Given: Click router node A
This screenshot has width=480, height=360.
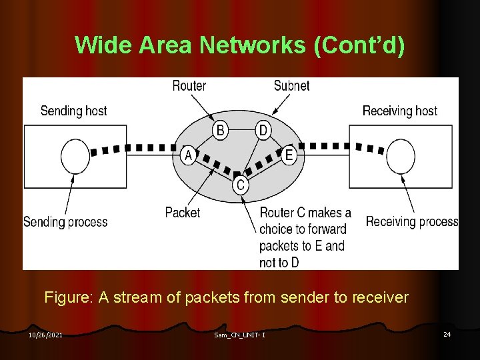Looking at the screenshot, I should pyautogui.click(x=189, y=155).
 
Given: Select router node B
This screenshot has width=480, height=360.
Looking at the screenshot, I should pyautogui.click(x=221, y=129).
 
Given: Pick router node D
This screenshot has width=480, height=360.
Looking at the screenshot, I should pyautogui.click(x=263, y=129).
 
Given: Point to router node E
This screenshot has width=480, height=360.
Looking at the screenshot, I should pyautogui.click(x=289, y=155).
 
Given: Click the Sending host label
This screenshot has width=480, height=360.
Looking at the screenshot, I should pyautogui.click(x=73, y=111).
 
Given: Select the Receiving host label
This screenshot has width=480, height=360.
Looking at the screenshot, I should pyautogui.click(x=400, y=111).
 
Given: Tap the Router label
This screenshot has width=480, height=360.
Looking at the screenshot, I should pyautogui.click(x=189, y=86).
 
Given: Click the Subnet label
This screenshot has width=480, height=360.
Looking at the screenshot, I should pyautogui.click(x=291, y=86).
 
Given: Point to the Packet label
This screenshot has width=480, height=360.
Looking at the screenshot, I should pyautogui.click(x=182, y=213).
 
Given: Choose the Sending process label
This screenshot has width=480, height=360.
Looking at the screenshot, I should pyautogui.click(x=65, y=221).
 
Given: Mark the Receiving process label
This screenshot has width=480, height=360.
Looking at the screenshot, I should pyautogui.click(x=412, y=221).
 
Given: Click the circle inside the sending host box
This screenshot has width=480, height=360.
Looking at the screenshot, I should pyautogui.click(x=75, y=157).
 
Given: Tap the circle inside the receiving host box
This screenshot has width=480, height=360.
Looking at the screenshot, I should pyautogui.click(x=401, y=157).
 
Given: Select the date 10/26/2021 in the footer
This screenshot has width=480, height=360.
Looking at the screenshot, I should pyautogui.click(x=45, y=335).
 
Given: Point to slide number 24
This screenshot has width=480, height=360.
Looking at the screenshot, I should pyautogui.click(x=447, y=334).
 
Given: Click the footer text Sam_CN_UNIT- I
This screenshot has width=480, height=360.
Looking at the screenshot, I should pyautogui.click(x=240, y=335).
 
